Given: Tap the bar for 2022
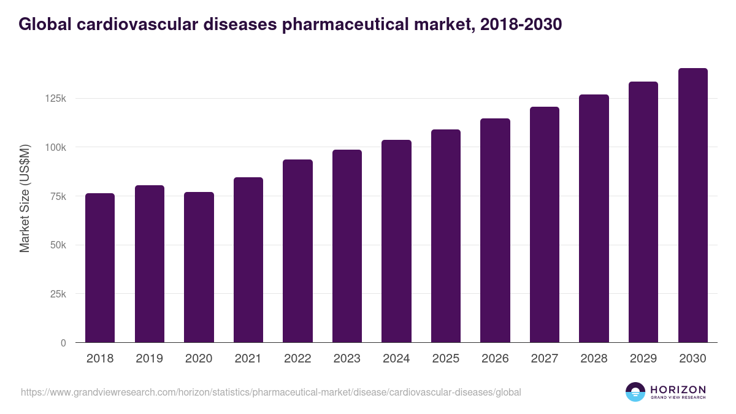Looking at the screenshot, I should tap(297, 251).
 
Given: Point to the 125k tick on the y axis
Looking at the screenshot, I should tap(55, 98).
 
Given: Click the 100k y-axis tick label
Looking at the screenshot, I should tap(55, 147).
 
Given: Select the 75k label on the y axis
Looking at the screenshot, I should tap(58, 196).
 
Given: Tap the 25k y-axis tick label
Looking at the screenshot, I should tap(58, 294).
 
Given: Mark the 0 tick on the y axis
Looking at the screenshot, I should tap(63, 343).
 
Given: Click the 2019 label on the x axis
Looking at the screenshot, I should tap(150, 359).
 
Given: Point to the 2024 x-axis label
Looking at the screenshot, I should tap(396, 359).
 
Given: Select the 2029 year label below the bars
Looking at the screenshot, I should tap(643, 359).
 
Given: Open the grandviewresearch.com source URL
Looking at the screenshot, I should tap(270, 392).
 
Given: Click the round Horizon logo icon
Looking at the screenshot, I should tap(635, 392).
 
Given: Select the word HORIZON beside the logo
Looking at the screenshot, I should tap(678, 389).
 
